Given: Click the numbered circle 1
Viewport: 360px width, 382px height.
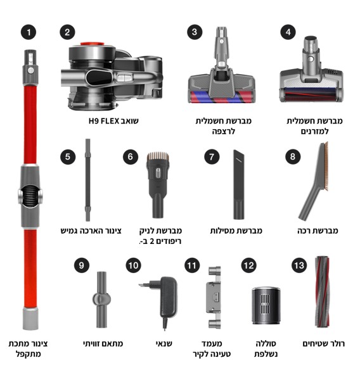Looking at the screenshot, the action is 29,32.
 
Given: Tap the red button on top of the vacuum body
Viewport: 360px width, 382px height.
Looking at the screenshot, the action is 93,44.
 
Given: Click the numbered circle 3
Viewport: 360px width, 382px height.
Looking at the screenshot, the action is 195,32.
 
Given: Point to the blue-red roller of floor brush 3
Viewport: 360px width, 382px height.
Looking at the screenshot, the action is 222,97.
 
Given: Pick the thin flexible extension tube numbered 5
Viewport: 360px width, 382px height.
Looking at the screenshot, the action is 87,180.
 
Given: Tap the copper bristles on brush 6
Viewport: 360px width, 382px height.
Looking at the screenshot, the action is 158,156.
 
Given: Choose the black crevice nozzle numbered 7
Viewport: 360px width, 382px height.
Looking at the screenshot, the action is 238,184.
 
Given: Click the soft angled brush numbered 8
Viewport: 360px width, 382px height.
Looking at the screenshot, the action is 314,181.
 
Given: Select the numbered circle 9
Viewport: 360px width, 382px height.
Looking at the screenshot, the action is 82,265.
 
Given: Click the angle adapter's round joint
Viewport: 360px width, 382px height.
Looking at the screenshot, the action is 101,299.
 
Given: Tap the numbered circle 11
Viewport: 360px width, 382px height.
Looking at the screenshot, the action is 192,265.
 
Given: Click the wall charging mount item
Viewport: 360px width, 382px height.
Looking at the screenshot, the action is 214,297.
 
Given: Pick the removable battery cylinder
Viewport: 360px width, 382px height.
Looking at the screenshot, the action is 266,305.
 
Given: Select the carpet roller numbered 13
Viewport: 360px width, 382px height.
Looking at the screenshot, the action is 322,291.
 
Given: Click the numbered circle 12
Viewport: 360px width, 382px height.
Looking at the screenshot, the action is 248,265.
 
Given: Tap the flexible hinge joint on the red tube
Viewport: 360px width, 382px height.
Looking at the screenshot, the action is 30,196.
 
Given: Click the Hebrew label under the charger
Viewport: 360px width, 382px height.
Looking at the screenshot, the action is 164,343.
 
